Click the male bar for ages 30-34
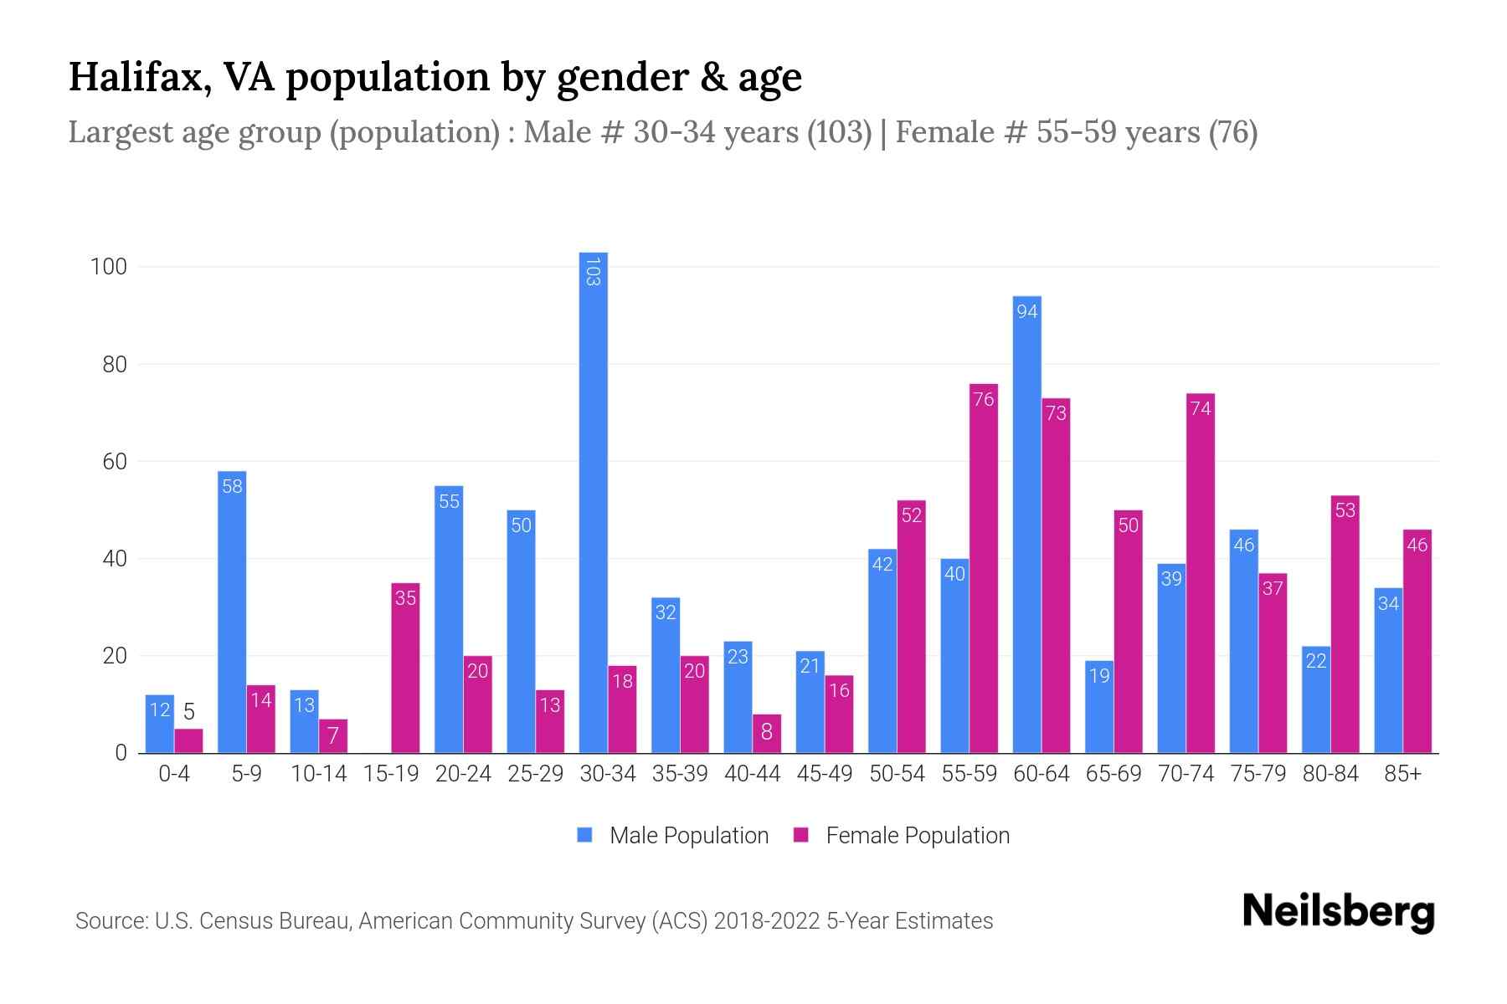(593, 502)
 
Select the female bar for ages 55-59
(984, 569)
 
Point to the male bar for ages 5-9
(232, 612)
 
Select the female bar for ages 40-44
(766, 733)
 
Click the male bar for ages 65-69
(1098, 707)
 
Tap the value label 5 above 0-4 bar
(189, 712)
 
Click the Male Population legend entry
(673, 835)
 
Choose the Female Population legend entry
(902, 835)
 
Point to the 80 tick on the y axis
(114, 365)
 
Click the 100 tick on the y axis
(108, 267)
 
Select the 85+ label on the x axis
(1402, 774)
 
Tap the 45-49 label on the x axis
(824, 774)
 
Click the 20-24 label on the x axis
(463, 774)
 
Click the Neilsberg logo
(1338, 912)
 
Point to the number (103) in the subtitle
(839, 132)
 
